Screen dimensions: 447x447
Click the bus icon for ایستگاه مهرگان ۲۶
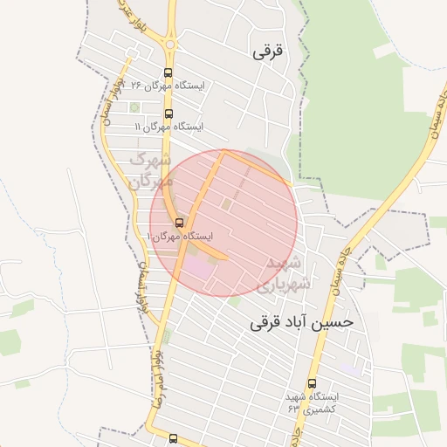(x=168, y=74)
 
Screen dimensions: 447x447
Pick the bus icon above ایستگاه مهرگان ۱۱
(x=168, y=113)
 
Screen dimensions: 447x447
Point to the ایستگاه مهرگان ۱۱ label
(x=168, y=127)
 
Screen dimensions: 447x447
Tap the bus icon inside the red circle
(x=180, y=223)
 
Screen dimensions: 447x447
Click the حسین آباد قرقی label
(x=302, y=321)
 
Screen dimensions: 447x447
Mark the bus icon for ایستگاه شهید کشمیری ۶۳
(x=312, y=383)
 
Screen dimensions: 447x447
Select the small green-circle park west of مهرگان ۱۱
(x=134, y=108)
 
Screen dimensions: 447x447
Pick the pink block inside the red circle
(x=197, y=266)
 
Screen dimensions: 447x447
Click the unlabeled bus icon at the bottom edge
(x=173, y=438)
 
